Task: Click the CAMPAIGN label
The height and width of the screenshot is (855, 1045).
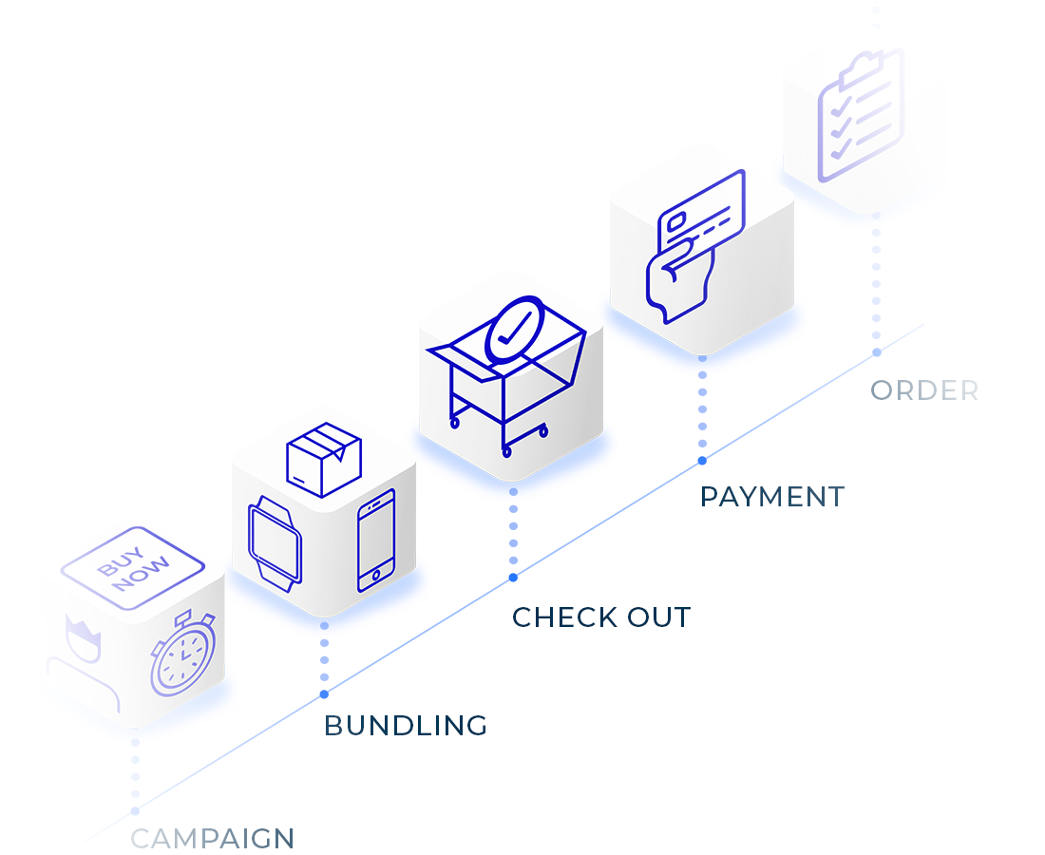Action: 212,839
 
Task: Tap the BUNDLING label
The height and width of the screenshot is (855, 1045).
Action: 405,726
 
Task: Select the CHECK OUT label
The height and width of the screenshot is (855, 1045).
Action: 600,617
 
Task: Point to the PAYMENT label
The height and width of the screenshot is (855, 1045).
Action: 771,496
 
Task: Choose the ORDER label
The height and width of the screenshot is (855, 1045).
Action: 924,390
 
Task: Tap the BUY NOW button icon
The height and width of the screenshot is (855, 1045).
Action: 133,567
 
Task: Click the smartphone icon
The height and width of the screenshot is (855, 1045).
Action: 376,540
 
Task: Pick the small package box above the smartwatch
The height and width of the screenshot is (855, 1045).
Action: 324,460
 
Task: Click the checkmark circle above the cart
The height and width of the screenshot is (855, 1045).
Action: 514,332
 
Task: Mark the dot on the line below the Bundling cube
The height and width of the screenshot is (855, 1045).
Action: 324,694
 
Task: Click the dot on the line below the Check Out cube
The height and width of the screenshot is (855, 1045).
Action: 513,577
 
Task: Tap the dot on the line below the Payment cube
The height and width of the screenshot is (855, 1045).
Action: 702,461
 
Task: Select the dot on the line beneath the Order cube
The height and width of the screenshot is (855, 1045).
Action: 877,352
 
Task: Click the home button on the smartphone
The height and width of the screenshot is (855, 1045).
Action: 376,575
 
